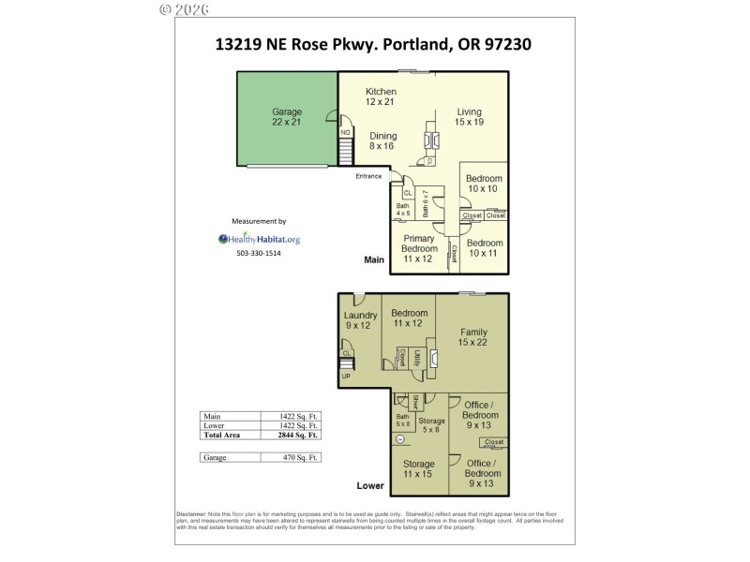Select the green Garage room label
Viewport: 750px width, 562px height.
[x=287, y=118]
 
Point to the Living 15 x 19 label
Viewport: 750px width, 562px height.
[x=468, y=116]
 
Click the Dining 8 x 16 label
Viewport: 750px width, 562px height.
[x=382, y=141]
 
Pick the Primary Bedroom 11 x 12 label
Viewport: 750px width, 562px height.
[x=419, y=249]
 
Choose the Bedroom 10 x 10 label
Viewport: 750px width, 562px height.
[x=484, y=184]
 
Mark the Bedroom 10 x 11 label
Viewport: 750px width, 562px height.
[x=484, y=248]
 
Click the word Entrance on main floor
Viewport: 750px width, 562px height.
[x=368, y=176]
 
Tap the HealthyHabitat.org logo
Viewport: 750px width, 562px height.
[x=259, y=239]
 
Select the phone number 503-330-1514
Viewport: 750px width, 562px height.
[x=259, y=253]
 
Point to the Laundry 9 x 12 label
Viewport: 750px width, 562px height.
[x=360, y=320]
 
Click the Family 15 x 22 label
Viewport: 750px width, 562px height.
[x=472, y=337]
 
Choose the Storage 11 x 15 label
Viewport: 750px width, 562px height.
[x=418, y=469]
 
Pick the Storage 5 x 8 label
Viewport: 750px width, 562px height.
[x=431, y=426]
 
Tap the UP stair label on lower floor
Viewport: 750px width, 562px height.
[x=346, y=376]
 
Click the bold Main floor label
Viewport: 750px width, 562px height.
[x=375, y=260]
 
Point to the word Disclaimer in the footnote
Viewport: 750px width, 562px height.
[x=194, y=514]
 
